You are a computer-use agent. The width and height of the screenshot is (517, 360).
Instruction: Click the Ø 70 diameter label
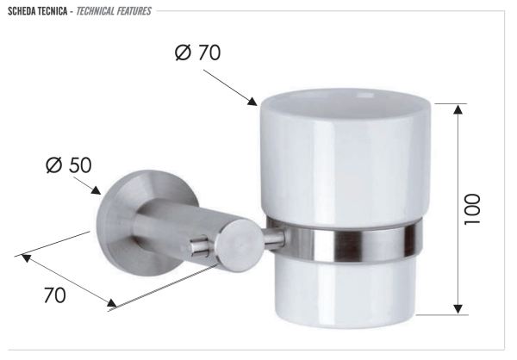(197, 53)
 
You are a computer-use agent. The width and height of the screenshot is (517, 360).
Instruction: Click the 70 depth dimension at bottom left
(54, 295)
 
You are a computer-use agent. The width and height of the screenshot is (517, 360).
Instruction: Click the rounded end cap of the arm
(241, 240)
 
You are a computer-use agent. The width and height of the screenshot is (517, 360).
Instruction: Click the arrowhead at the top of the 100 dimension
(458, 109)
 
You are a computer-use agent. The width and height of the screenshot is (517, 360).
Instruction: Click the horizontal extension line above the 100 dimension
(450, 102)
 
